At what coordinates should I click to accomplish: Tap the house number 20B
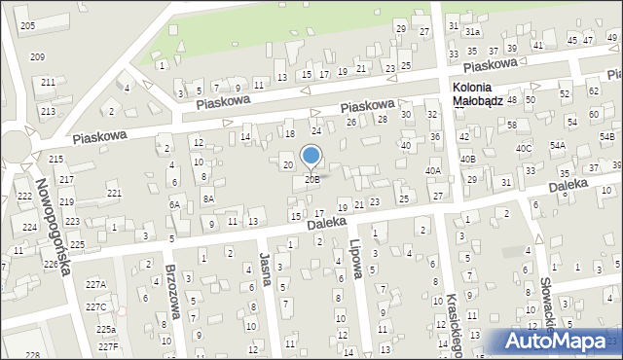[x=311, y=179]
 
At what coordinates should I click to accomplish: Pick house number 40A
[x=432, y=170]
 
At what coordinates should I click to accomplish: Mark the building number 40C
[x=524, y=148]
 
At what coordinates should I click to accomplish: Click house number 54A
[x=557, y=145]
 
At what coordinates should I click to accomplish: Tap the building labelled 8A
[x=208, y=198]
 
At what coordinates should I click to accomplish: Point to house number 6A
[x=174, y=204]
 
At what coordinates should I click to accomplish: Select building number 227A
[x=95, y=285]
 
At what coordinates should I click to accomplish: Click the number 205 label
[x=27, y=24]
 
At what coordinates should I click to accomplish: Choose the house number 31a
[x=472, y=31]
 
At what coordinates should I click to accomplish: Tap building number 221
[x=114, y=194]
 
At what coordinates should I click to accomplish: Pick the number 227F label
[x=107, y=346]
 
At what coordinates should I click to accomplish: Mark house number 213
[x=48, y=112]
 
